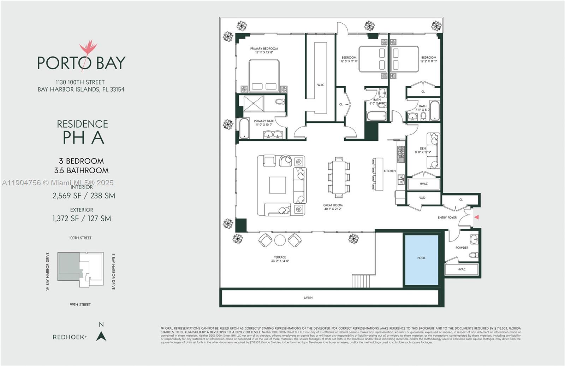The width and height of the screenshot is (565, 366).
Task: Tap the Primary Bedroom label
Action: [264, 49]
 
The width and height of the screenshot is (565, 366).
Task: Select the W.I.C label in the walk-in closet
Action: [320, 85]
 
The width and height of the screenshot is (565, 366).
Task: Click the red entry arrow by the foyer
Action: [476, 217]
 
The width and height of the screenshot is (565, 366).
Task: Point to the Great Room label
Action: [333, 205]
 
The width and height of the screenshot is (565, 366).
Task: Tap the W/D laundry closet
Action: [422, 198]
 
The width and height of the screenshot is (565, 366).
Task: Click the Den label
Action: [423, 149]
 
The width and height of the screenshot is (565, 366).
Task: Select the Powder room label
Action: [462, 248]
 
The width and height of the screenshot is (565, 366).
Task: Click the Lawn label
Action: [308, 298]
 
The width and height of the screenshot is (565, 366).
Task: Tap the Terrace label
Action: [280, 257]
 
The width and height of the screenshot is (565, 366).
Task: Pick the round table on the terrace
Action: [280, 240]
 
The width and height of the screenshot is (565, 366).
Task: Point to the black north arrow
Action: [101, 336]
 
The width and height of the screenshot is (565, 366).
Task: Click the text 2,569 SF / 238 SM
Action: [84, 196]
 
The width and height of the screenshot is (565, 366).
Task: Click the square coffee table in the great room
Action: [278, 185]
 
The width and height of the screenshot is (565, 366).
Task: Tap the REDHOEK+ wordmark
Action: [70, 337]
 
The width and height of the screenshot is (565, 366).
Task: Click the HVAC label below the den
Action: [423, 184]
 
